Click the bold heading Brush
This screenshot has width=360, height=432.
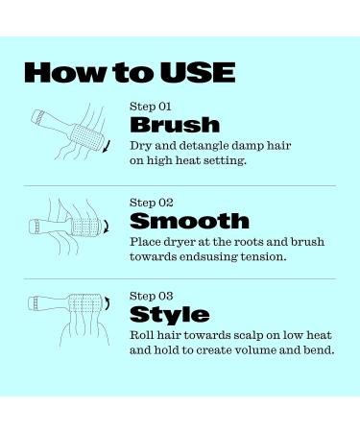(174, 126)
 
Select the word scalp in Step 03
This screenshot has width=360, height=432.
(236, 334)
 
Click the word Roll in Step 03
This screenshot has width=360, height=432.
(140, 334)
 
